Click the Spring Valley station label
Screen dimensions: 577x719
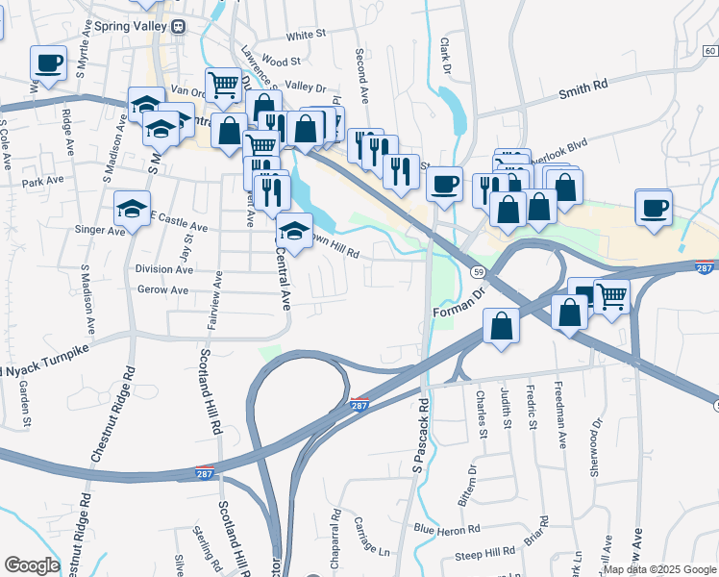[x=129, y=27]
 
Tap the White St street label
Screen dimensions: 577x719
[x=306, y=34]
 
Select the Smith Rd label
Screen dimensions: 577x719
[x=584, y=86]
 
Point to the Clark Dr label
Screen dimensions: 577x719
[x=445, y=56]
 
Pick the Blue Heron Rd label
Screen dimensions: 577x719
[x=446, y=530]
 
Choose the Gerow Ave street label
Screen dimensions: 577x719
[x=162, y=289]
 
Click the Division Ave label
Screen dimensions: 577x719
[x=164, y=269]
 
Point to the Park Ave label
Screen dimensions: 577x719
[x=42, y=181]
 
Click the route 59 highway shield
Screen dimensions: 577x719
[x=478, y=272]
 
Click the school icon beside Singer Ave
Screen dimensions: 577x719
[x=133, y=207]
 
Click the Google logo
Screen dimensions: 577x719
[x=32, y=565]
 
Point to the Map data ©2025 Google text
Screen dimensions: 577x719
[x=659, y=569]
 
